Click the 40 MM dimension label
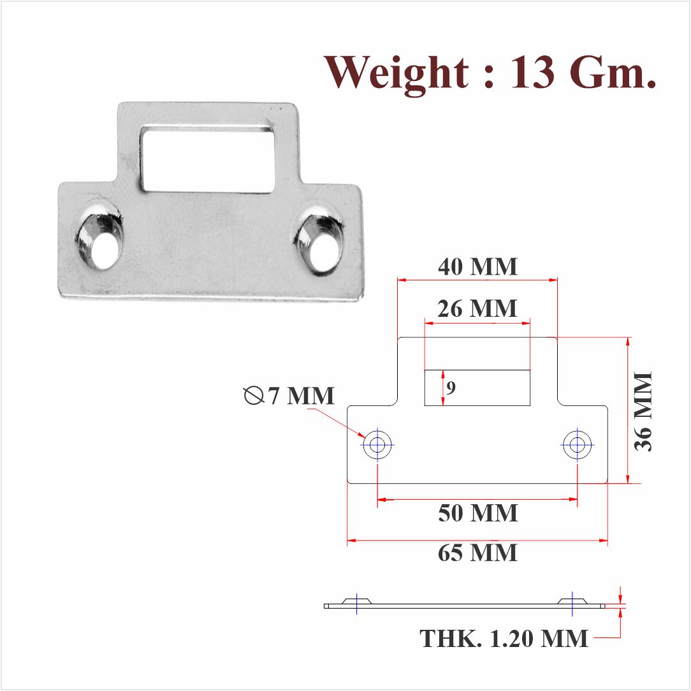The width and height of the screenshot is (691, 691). point(477,266)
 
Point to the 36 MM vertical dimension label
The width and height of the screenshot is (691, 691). point(643,411)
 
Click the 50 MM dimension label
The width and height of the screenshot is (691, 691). point(477,513)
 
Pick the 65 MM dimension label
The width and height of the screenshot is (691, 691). point(477,553)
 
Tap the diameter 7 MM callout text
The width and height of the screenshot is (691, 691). point(300,396)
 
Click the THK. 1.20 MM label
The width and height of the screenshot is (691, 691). point(504,637)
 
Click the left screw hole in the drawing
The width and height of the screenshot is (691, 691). point(377,444)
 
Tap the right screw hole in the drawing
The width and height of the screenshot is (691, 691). point(577,444)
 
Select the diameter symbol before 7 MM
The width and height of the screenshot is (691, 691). point(254,396)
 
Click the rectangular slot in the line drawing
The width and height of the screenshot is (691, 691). point(477,388)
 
